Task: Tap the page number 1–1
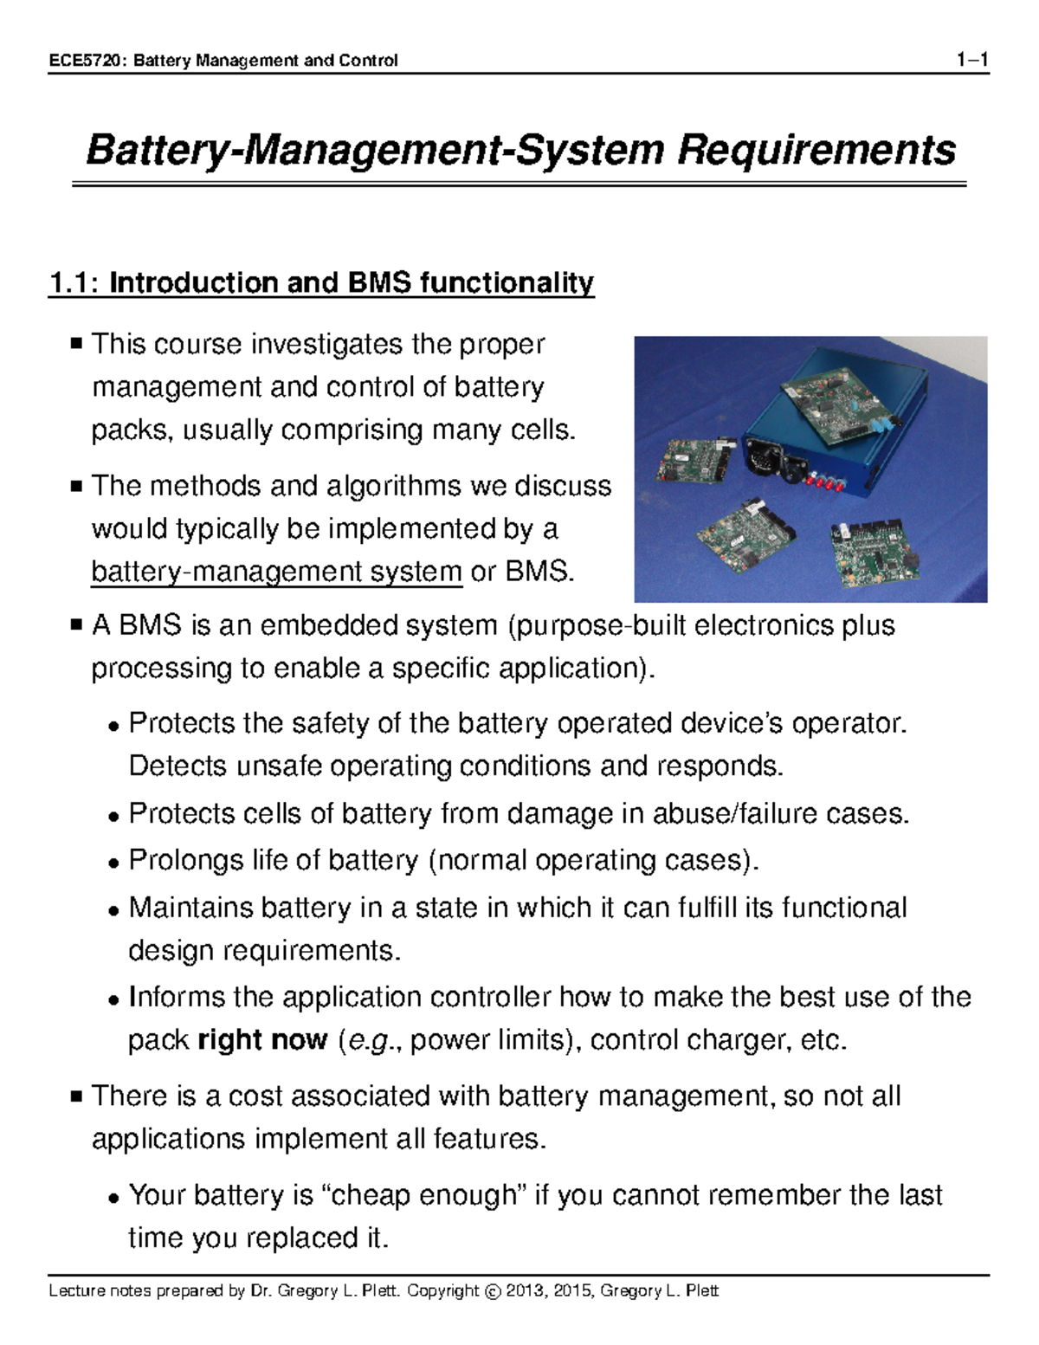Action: coord(972,60)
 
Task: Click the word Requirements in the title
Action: coord(816,150)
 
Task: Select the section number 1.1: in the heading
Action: coord(74,283)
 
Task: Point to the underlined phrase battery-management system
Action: coord(276,572)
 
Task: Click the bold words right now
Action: coord(262,1039)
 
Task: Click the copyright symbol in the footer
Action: coord(493,1292)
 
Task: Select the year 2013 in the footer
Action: coord(525,1291)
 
